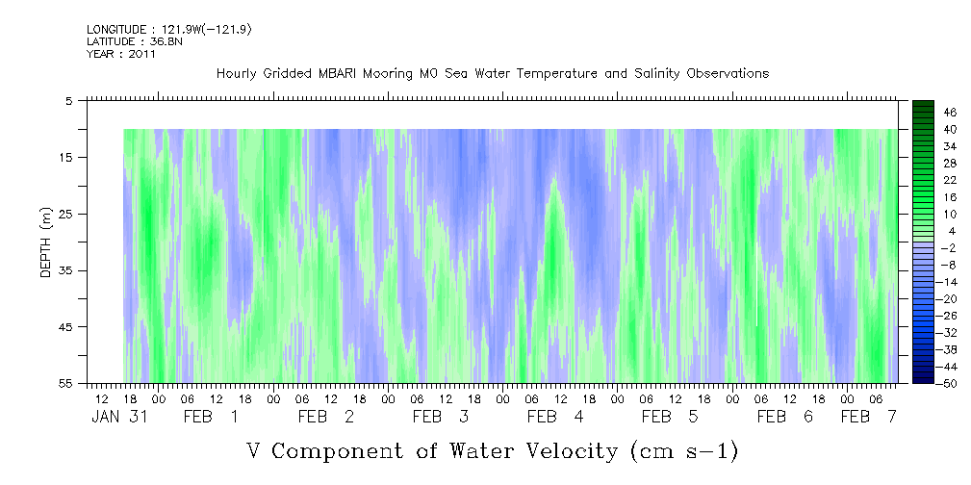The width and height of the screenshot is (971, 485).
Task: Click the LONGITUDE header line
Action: coord(169,29)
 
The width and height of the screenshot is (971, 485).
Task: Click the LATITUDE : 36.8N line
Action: coord(135,41)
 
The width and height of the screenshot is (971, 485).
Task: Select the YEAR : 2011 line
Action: coord(120,54)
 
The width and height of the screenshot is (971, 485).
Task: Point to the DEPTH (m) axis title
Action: coord(45,242)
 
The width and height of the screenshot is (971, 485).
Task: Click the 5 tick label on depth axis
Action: coord(68,101)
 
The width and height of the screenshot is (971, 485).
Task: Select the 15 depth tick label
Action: coord(64,157)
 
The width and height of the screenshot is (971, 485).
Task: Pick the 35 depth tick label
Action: coord(64,270)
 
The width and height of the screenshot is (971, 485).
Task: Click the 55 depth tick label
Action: coord(64,383)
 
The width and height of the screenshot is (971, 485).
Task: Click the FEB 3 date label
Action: coord(441,417)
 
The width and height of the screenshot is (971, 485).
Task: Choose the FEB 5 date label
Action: coord(670,417)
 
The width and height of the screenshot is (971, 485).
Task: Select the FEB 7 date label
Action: coord(868,417)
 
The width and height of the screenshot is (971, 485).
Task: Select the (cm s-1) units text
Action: coord(684,451)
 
